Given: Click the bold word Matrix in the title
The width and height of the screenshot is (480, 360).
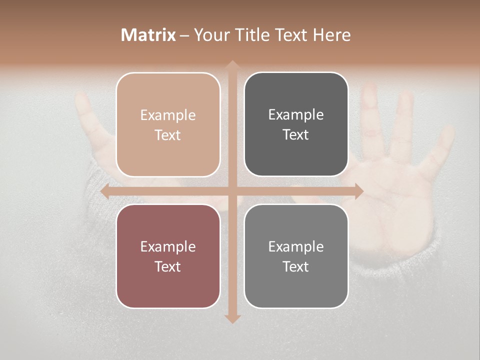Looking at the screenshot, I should (148, 35).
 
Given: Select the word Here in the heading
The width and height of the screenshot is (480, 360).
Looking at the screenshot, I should (331, 35).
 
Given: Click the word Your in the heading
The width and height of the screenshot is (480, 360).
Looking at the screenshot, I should (210, 35).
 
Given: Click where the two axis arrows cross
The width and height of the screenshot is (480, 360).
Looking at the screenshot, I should (232, 191).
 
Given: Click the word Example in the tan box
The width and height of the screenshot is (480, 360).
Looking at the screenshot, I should (168, 115).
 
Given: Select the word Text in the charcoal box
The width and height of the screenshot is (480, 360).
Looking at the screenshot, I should (296, 135).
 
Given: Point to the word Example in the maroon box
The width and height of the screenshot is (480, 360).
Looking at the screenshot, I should (168, 246).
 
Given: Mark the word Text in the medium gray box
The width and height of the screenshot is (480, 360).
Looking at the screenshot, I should (296, 266).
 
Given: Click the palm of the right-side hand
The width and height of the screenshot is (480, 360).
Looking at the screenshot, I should (395, 200).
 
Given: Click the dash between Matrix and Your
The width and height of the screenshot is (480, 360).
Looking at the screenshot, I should (184, 35).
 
